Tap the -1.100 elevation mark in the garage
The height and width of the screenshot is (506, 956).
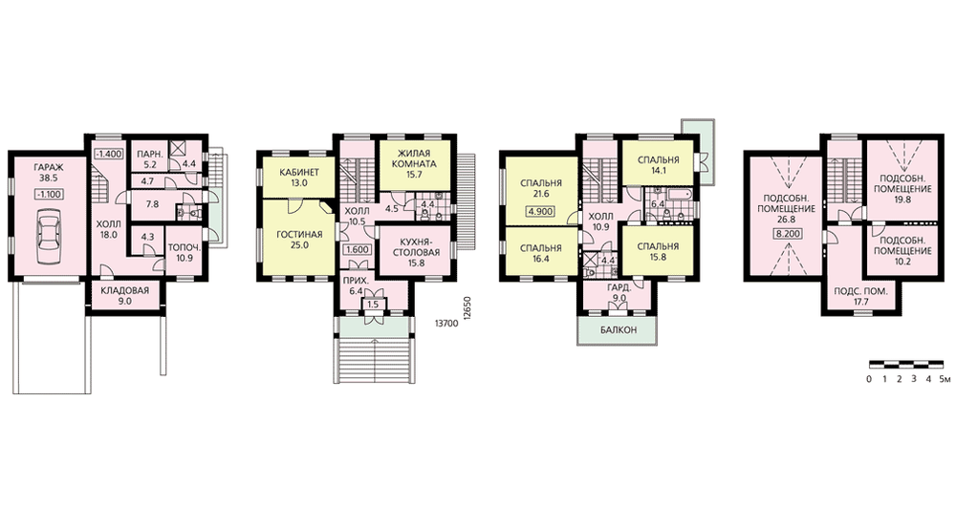click(x=49, y=194)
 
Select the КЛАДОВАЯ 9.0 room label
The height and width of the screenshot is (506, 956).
click(x=125, y=295)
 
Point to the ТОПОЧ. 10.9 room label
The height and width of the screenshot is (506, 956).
click(x=185, y=253)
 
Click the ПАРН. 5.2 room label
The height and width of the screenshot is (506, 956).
click(x=147, y=158)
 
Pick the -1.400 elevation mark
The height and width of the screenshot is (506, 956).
click(x=109, y=154)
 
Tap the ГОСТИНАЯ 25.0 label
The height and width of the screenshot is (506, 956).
click(x=299, y=240)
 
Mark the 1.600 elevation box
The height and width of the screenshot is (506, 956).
click(x=357, y=249)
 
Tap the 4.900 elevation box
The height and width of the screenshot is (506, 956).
click(x=541, y=213)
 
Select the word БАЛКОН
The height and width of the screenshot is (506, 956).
click(x=619, y=330)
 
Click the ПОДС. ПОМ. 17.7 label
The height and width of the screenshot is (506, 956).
click(x=861, y=297)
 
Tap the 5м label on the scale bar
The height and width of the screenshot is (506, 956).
click(x=945, y=379)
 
